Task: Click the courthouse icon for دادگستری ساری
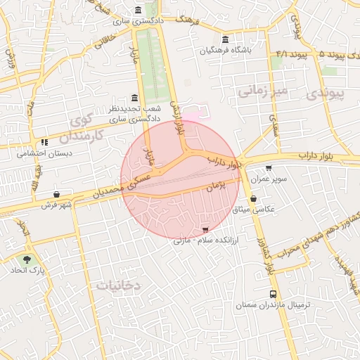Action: (136, 11)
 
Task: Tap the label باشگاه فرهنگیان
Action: (225, 50)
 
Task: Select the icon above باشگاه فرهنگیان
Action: (225, 39)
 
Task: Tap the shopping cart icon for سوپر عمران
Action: (269, 168)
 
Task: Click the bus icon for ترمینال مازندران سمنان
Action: (273, 295)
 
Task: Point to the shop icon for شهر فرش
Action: (56, 193)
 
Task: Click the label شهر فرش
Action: (57, 205)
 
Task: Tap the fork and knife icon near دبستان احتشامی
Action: (44, 141)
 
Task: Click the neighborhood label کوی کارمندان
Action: (84, 127)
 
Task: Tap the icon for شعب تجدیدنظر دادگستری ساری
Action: (134, 98)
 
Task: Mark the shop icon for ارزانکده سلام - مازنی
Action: (205, 230)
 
